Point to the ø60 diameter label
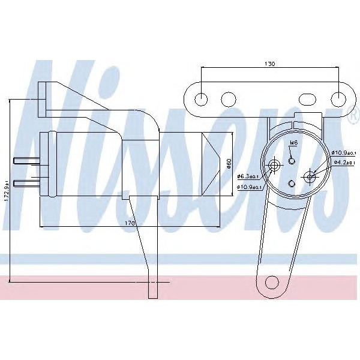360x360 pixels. point(229,163)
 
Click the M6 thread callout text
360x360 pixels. point(293,143)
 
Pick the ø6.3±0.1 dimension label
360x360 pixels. point(247,176)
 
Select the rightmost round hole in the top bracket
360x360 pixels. point(340,98)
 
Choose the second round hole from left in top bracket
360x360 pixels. point(228,98)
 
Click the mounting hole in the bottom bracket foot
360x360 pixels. point(272,281)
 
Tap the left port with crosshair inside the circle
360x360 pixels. point(275,166)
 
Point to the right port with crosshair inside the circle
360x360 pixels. point(310,176)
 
